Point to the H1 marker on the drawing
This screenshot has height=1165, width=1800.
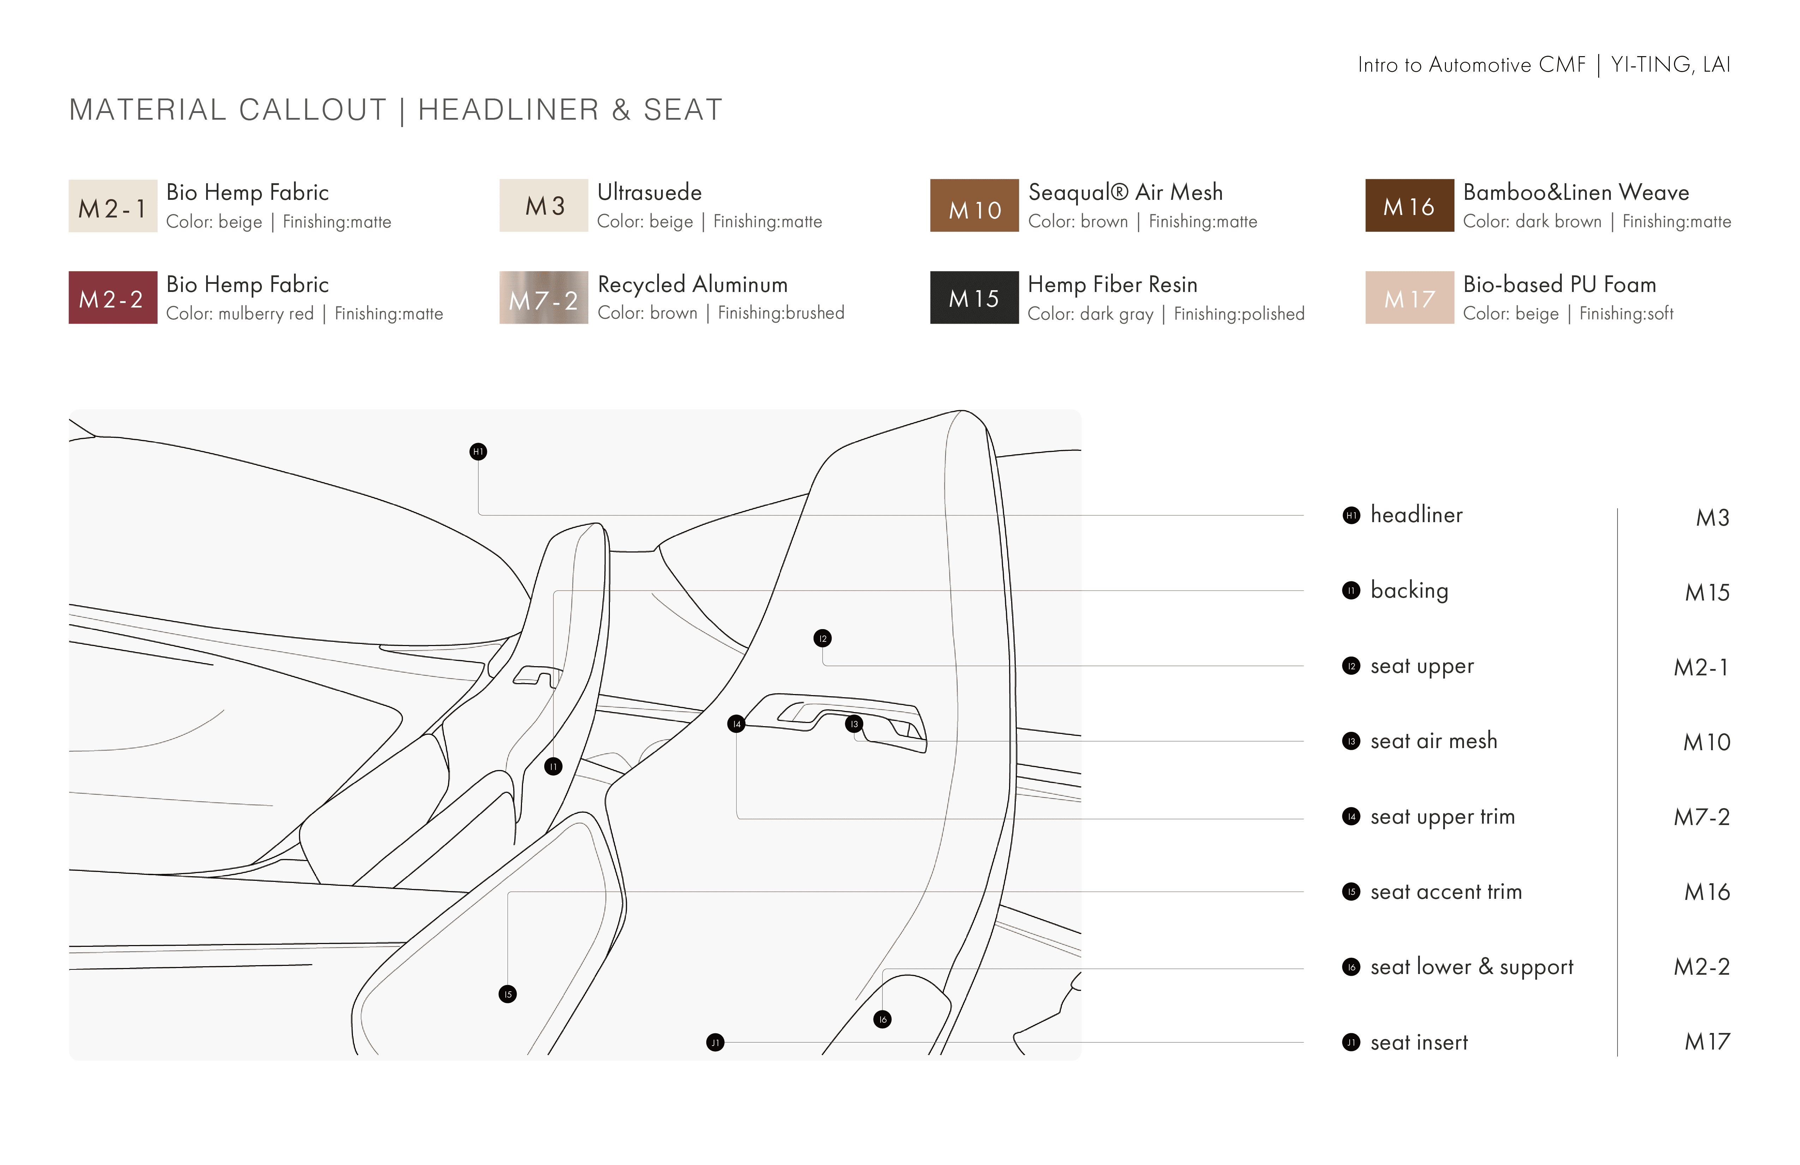478,452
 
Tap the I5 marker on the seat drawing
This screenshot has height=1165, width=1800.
508,994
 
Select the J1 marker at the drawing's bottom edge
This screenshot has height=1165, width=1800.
715,1042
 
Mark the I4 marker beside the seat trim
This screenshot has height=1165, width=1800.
736,724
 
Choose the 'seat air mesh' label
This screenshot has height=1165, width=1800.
1433,741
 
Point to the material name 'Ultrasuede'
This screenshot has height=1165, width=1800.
649,193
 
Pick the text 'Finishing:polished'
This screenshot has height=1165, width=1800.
1239,314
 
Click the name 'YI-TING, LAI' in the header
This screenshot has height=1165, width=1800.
1670,65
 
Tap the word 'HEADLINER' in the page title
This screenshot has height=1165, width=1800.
508,110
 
